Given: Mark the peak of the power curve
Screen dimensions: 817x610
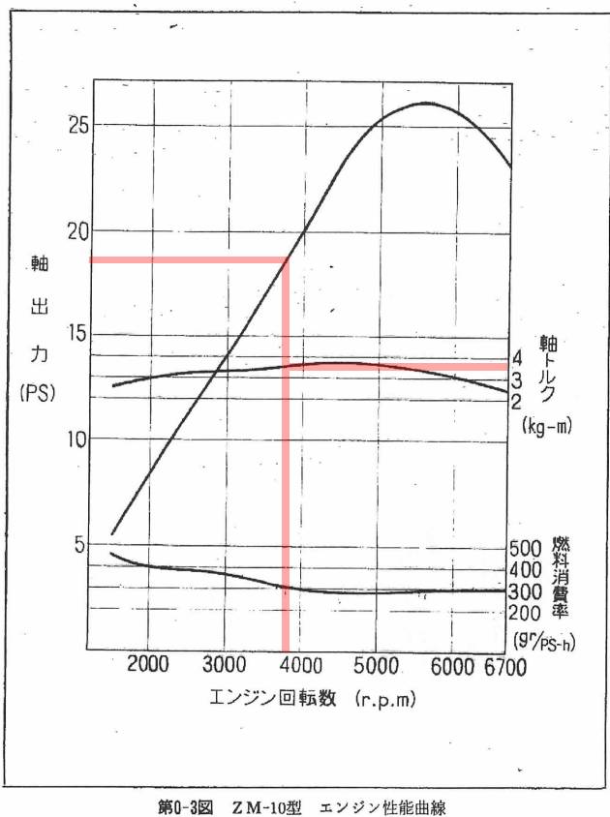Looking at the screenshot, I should (426, 103).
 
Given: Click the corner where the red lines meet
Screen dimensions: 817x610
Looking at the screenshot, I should (286, 259).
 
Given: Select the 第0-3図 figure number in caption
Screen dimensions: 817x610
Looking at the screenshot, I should (185, 805).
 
